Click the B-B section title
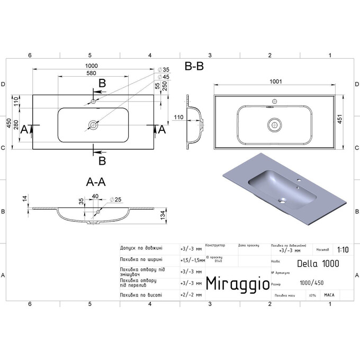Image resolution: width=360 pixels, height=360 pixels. pyautogui.click(x=194, y=67)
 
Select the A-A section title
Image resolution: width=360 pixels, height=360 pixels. pyautogui.click(x=96, y=182)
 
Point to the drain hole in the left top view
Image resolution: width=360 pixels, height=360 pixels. pyautogui.click(x=93, y=125)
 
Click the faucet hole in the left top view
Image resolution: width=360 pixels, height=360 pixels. pyautogui.click(x=93, y=101)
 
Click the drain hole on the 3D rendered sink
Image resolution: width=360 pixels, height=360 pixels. pyautogui.click(x=283, y=201)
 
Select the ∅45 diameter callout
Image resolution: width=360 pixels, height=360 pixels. pyautogui.click(x=164, y=76)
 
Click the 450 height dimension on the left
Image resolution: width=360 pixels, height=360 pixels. pyautogui.click(x=8, y=123)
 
